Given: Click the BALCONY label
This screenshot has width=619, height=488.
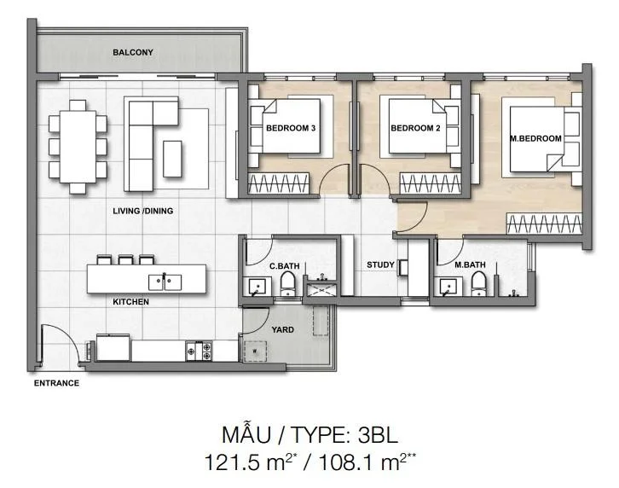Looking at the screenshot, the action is tap(133, 52).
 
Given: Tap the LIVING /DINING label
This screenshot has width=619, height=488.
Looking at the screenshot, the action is tap(143, 211).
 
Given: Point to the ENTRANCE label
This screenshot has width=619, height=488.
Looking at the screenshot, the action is tap(56, 383).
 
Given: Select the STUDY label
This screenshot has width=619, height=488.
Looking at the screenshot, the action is tap(380, 264).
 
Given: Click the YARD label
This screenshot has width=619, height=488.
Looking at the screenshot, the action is tap(283, 329).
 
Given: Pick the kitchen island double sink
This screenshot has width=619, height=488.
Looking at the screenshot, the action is tap(165, 282).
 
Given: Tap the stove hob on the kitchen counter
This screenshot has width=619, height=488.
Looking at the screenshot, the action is tap(199, 351).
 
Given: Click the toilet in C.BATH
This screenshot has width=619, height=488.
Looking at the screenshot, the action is tap(288, 283).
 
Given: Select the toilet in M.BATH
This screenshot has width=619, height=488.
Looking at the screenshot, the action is tap(478, 283).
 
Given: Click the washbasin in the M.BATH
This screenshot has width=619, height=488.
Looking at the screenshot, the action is tap(448, 287).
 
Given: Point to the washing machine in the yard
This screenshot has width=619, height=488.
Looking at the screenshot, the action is tap(255, 351).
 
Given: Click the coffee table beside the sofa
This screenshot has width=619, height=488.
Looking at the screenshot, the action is tap(172, 159).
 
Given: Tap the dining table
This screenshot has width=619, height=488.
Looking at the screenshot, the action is tap(78, 147).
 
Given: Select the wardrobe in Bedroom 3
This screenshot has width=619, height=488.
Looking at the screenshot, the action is tap(279, 183).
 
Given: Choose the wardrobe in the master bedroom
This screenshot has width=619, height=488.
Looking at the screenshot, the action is tap(544, 224).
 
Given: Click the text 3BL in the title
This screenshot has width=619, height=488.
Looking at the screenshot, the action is tap(378, 435).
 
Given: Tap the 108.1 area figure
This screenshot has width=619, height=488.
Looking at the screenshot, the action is tap(347, 462).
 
